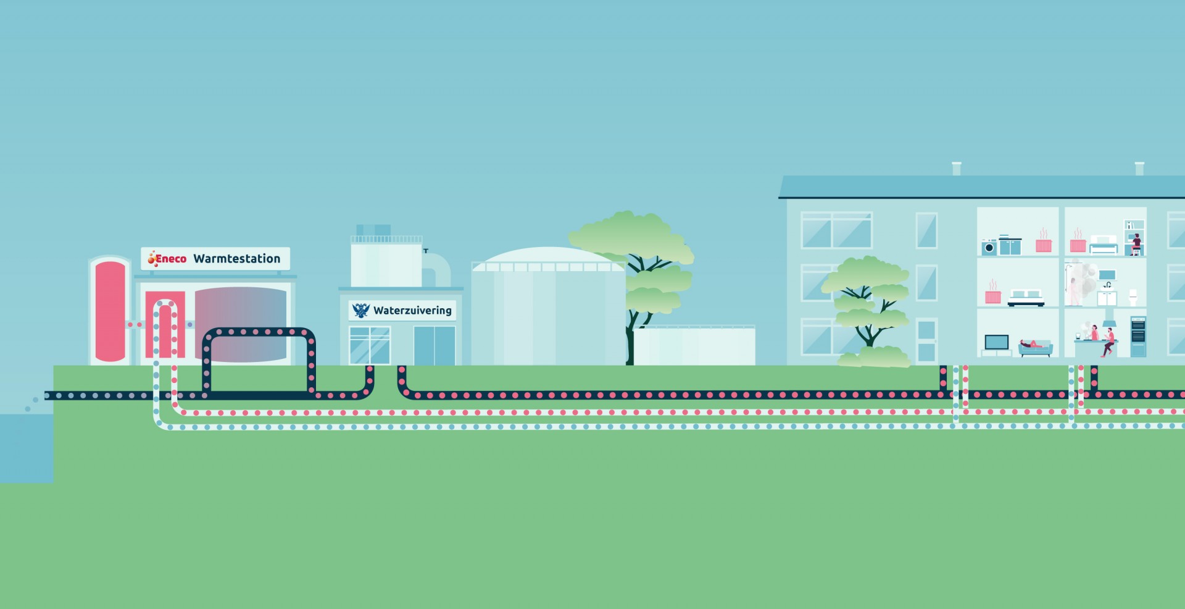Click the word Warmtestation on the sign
tap(237, 259)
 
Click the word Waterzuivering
tap(412, 311)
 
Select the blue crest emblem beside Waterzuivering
tap(360, 310)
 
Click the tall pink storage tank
tap(110, 311)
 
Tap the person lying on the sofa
tap(1031, 344)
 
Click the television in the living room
tap(997, 342)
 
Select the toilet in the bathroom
tap(1133, 297)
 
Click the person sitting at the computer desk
tap(1136, 244)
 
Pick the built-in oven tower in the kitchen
tap(1138, 337)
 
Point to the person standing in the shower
tap(1074, 291)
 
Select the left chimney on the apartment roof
tap(957, 169)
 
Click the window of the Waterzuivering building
tap(370, 345)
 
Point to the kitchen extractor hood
tap(1108, 322)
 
